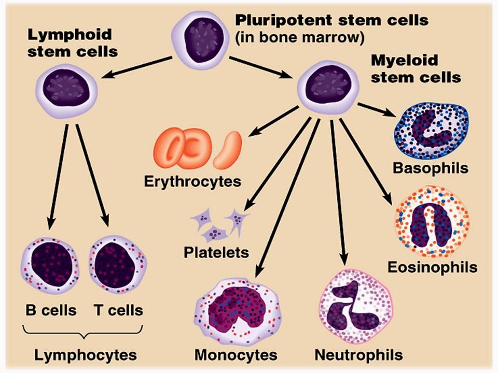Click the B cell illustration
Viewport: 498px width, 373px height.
(50, 264)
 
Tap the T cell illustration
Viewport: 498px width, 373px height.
(117, 264)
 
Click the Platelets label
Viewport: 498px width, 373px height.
(216, 253)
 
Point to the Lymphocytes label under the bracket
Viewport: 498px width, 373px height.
(86, 355)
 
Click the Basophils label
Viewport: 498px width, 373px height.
(431, 168)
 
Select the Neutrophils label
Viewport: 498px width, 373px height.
(358, 355)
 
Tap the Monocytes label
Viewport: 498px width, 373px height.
(236, 355)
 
